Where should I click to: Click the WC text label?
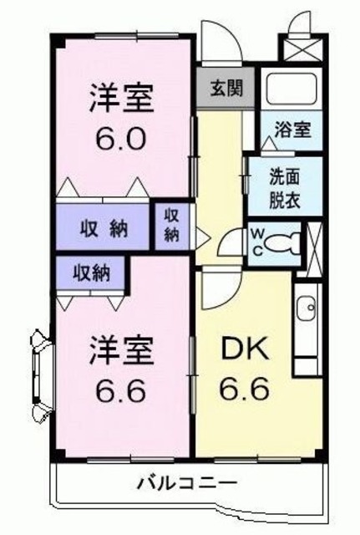(258, 242)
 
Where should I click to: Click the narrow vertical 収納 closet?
(172, 224)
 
